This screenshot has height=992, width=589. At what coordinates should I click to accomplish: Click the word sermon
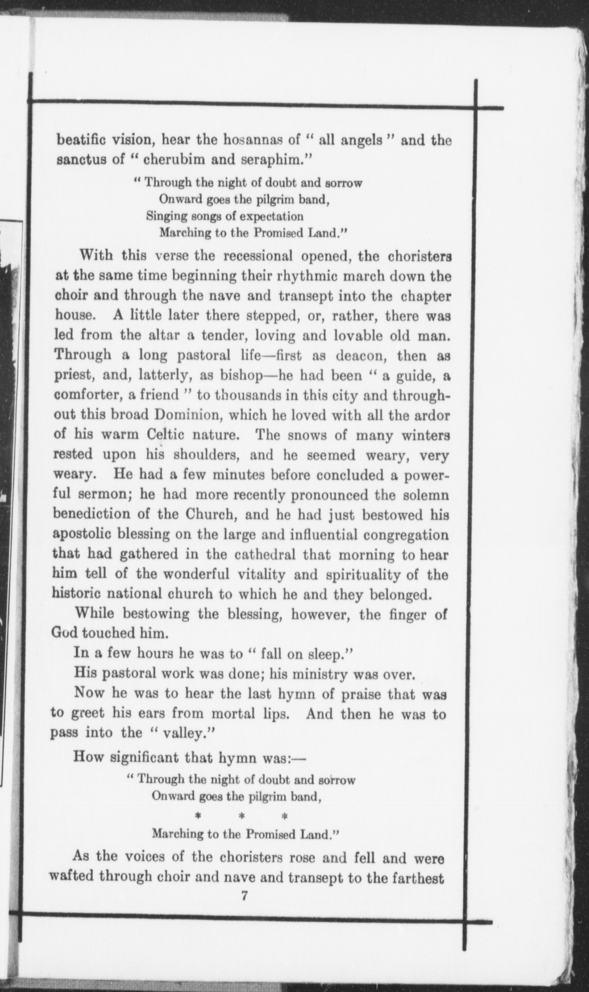[104, 495]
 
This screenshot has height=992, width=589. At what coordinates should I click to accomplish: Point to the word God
[64, 633]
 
